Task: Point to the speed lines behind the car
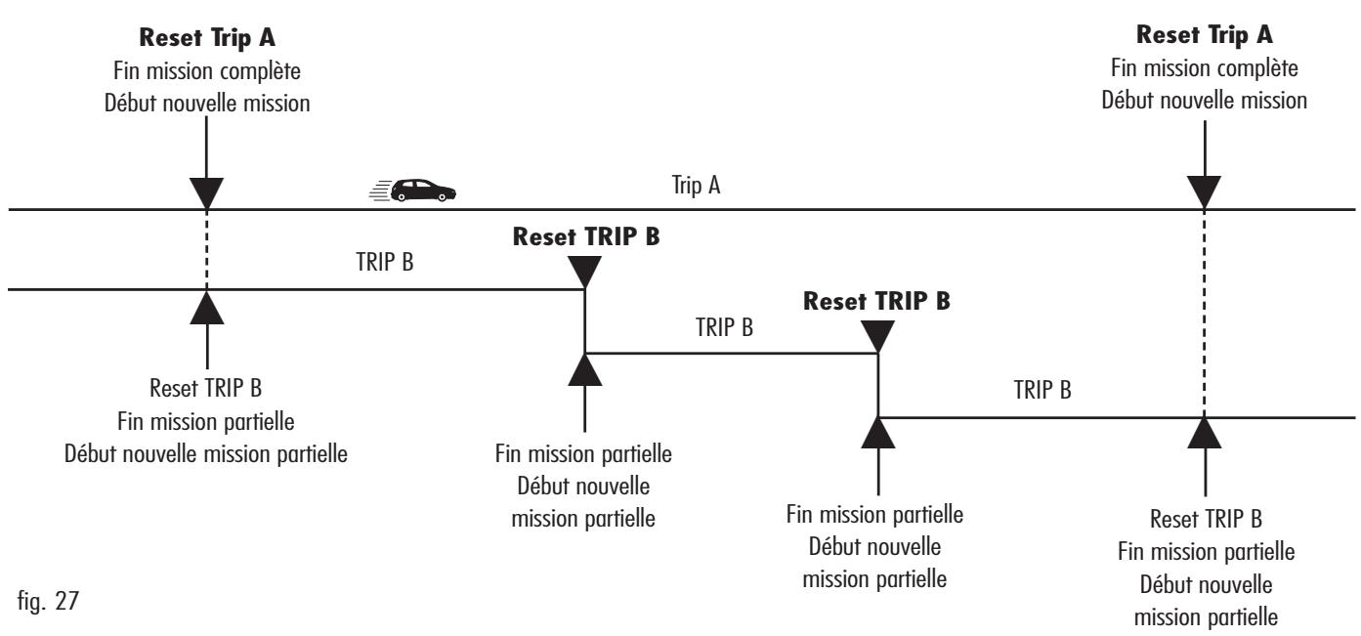pos(380,191)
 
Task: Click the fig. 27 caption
pos(48,601)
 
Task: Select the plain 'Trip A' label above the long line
pos(696,185)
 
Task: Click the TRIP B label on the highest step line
pos(385,262)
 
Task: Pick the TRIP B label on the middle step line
pos(724,327)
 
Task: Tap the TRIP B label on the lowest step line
pos(1042,390)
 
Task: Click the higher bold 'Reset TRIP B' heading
pos(586,236)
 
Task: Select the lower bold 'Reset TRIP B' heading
pos(876,301)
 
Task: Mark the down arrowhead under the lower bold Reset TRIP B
pos(878,336)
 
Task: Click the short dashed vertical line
pos(206,250)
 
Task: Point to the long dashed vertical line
pos(1205,314)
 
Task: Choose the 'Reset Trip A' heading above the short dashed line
pos(207,37)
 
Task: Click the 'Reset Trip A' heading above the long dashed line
pos(1205,34)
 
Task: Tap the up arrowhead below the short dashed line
pos(207,308)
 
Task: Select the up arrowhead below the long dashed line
pos(1205,433)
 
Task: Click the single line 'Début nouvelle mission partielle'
pos(206,453)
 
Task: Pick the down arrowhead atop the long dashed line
pos(1205,192)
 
